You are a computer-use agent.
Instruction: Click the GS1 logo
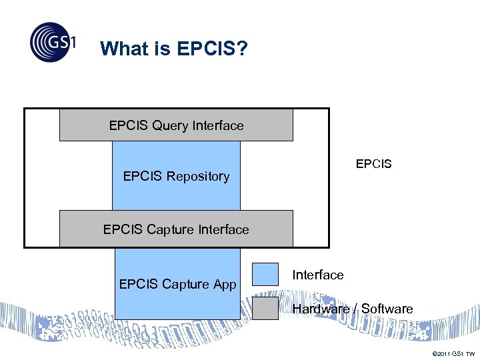point(53,43)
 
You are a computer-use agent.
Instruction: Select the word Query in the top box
point(170,126)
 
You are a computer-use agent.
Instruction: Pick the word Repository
point(197,177)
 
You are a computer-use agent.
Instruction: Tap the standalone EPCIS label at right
point(373,163)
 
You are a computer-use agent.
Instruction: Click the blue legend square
point(265,274)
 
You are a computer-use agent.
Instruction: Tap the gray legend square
point(265,308)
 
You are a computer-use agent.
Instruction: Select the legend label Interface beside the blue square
point(318,275)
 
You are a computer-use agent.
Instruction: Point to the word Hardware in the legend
point(321,309)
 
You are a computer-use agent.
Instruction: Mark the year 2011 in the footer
point(443,353)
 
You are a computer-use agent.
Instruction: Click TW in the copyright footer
point(470,353)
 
